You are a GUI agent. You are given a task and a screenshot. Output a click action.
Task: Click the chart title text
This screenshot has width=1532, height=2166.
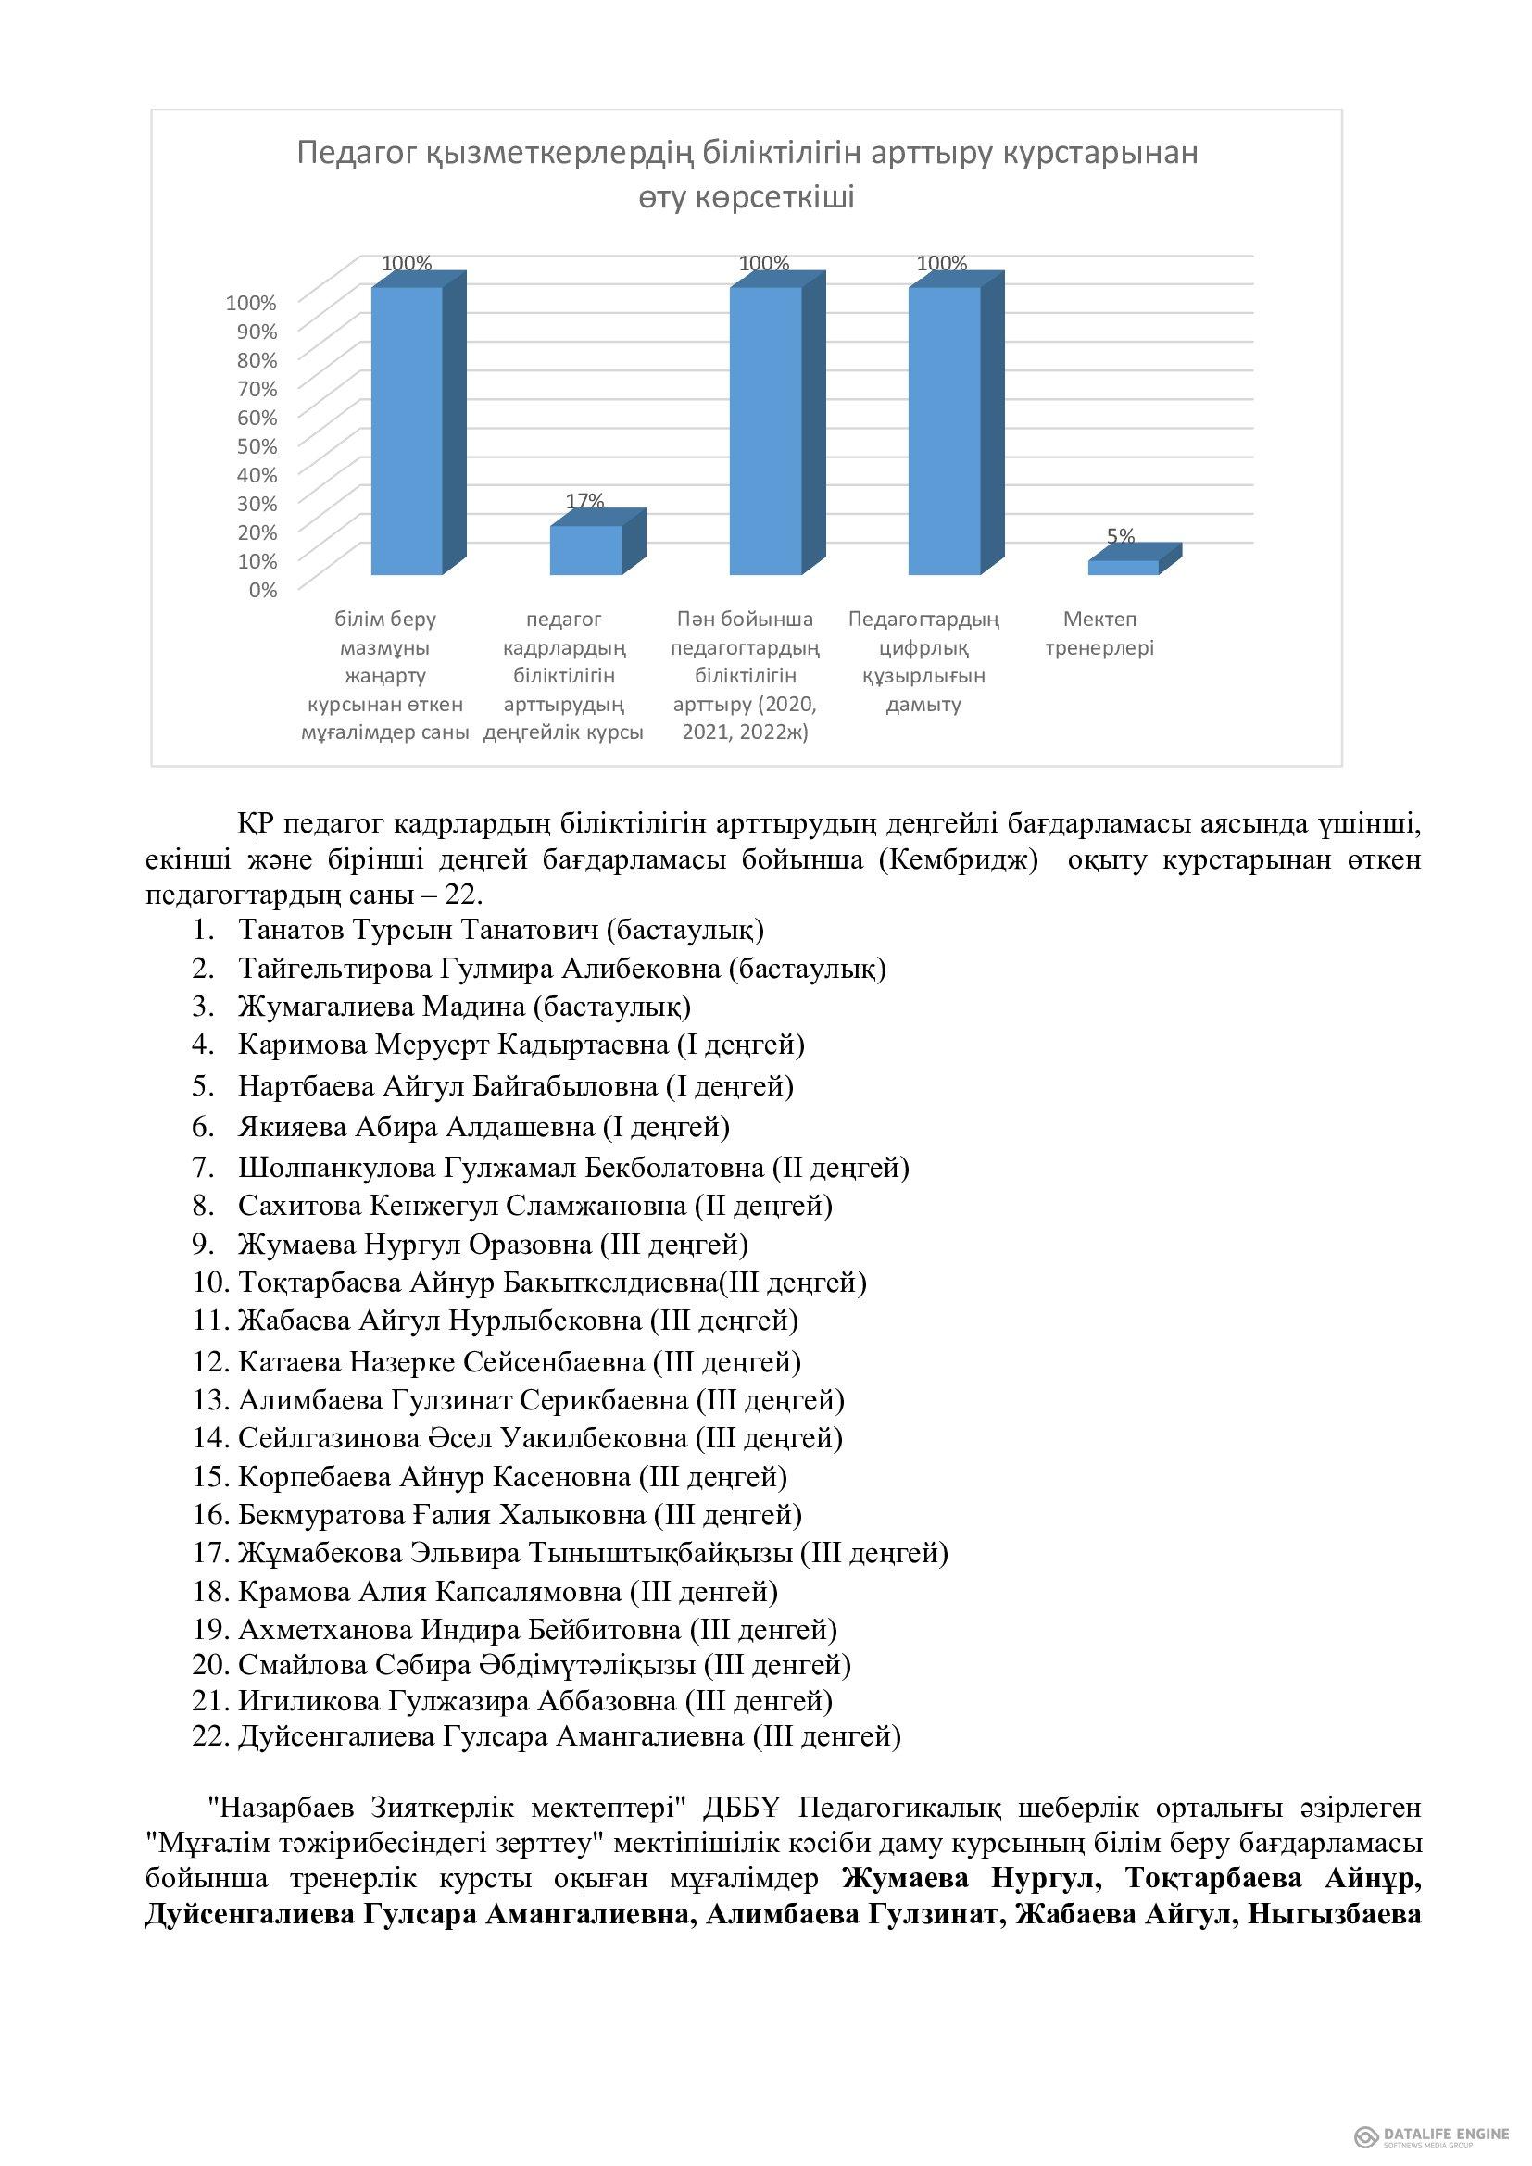pos(747,174)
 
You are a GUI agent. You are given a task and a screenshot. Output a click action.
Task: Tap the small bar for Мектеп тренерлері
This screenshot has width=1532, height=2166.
pos(1123,567)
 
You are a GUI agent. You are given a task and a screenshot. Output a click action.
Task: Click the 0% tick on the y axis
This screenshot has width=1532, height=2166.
pos(263,590)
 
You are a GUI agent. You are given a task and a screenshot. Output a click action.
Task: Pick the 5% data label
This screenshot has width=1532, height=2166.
pos(1121,536)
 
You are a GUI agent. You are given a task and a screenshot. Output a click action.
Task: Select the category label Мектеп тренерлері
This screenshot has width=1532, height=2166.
pos(1099,634)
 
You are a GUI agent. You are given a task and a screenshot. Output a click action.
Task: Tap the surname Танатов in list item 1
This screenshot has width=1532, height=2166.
pos(292,930)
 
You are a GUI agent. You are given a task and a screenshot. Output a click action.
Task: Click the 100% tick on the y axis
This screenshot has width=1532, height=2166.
pos(251,303)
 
